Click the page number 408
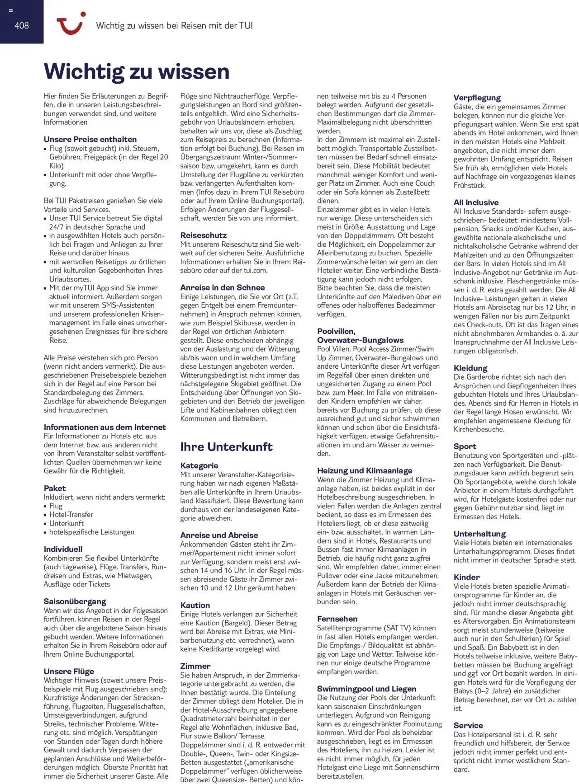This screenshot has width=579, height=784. tap(22, 25)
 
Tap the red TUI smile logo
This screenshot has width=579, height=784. tap(71, 23)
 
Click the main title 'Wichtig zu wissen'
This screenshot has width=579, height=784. tap(137, 71)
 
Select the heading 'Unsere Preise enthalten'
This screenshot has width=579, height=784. tap(90, 139)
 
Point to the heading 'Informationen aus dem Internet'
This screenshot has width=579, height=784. tap(104, 427)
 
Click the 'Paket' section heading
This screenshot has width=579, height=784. tap(55, 488)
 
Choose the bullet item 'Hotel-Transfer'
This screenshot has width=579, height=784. tap(71, 514)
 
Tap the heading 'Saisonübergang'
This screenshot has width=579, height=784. tap(75, 601)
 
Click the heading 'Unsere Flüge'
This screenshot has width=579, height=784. tap(69, 671)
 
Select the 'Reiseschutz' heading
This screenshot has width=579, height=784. tap(204, 235)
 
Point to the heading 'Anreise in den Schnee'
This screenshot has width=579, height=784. tap(223, 287)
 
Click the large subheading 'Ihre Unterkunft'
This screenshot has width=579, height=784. tap(226, 447)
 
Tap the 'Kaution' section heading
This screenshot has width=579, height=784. tap(195, 605)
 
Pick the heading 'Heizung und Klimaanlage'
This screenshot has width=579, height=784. tap(365, 471)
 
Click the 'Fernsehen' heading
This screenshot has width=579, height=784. tap(337, 619)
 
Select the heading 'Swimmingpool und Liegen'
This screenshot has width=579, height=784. tap(366, 689)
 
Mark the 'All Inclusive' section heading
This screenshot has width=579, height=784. tap(476, 202)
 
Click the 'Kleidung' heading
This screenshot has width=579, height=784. tap(470, 368)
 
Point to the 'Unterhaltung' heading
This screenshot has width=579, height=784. tap(479, 534)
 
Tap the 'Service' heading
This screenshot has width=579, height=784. tap(468, 725)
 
